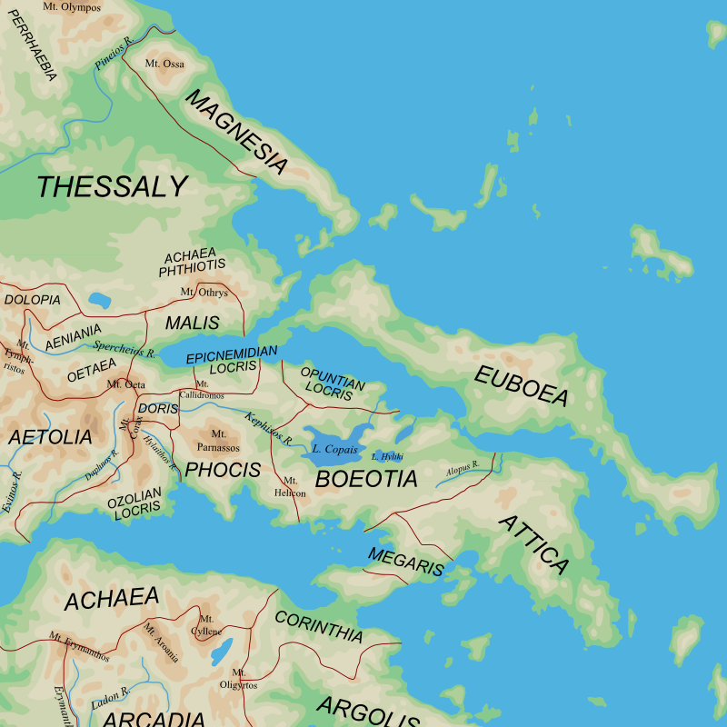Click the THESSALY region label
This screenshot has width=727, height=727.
[112, 187]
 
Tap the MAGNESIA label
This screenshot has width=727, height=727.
[236, 132]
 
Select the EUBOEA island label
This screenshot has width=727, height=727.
[522, 386]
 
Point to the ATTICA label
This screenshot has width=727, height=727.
[534, 545]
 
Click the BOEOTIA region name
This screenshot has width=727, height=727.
[366, 479]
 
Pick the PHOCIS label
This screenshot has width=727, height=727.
[223, 470]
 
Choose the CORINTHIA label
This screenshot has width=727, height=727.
[319, 627]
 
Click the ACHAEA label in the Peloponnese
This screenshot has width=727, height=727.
[112, 599]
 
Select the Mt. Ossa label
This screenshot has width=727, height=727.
[164, 64]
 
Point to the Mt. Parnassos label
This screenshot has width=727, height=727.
[219, 441]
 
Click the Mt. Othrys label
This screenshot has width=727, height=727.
[204, 293]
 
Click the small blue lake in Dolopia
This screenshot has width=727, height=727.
[99, 300]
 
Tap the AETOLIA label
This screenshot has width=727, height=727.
[51, 437]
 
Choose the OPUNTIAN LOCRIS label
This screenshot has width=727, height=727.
[332, 383]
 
